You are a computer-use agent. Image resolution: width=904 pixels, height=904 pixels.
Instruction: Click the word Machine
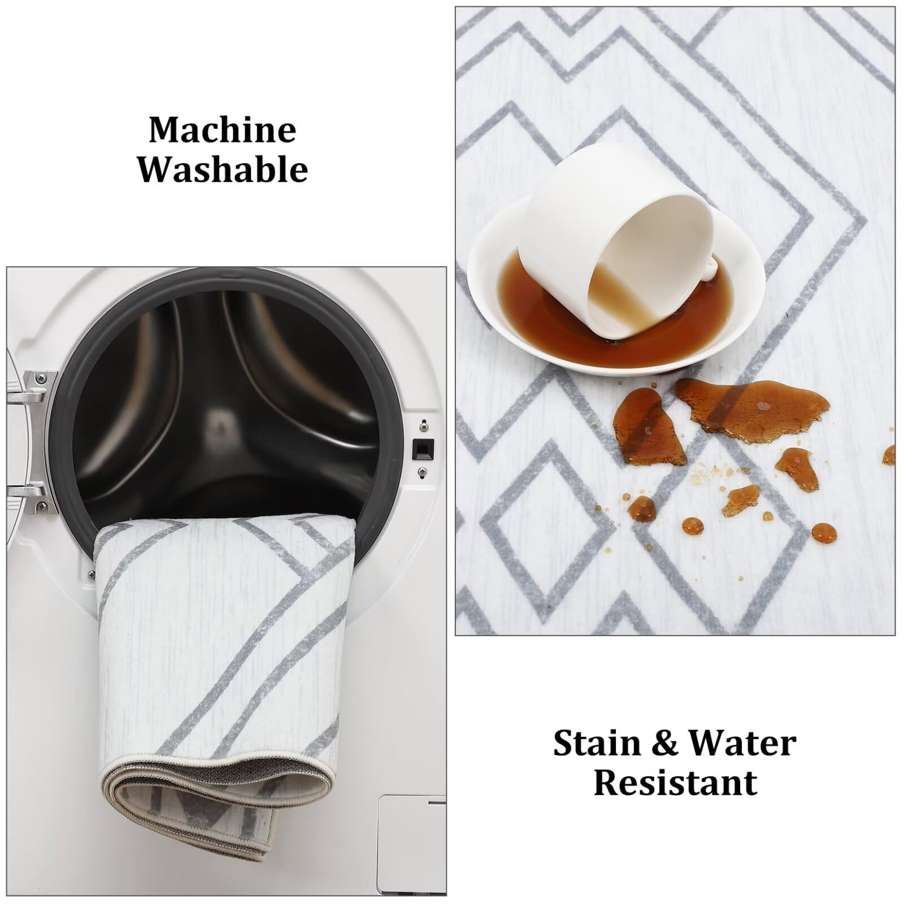[x=223, y=129]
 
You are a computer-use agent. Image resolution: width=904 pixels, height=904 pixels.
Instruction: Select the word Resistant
[x=676, y=783]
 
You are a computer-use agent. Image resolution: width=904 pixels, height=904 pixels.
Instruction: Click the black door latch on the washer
[x=423, y=449]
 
